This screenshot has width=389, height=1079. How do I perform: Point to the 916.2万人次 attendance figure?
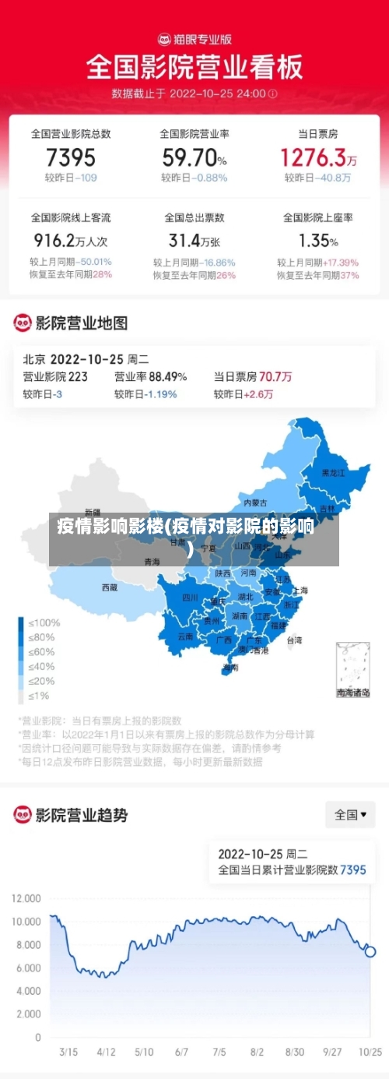point(71,240)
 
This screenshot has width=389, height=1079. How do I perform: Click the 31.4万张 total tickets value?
point(194,240)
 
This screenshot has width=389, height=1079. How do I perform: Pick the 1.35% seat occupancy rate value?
point(318,240)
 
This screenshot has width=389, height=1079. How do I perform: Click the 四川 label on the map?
point(191,598)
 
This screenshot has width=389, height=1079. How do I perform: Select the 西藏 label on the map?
point(110,587)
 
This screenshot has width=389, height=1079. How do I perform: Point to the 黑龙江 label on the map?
point(334,473)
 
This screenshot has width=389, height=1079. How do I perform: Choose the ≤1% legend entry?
point(39,696)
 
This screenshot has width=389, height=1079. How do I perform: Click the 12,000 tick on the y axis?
point(26,898)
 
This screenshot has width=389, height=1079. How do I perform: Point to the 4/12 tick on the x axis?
point(106,1052)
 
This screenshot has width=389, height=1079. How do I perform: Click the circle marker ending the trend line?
point(370,951)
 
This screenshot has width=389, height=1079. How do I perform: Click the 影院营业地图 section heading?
point(81,323)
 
